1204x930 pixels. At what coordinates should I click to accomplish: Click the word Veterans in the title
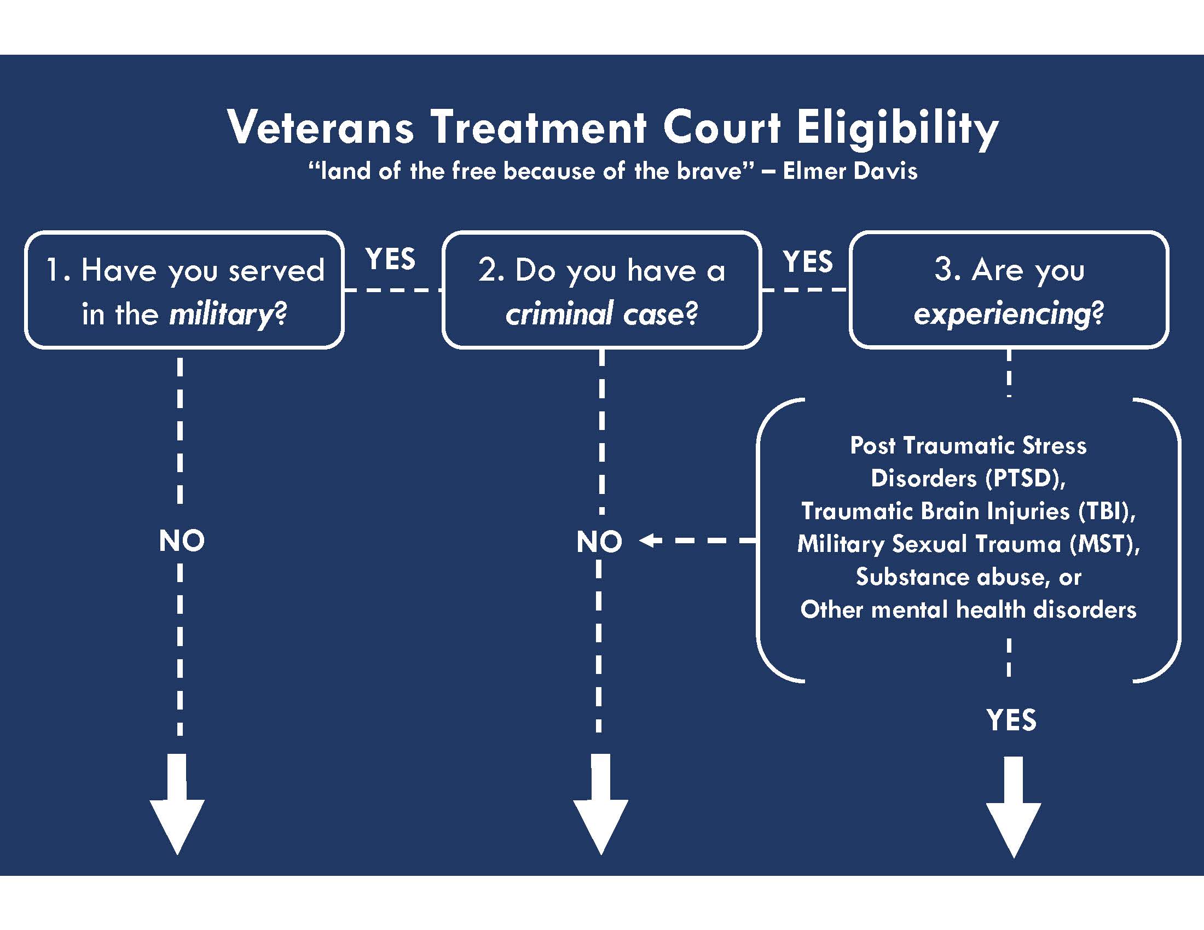tap(320, 127)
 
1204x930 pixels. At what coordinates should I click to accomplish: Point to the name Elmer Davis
tap(850, 171)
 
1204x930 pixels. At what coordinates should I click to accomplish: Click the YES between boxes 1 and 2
tap(390, 259)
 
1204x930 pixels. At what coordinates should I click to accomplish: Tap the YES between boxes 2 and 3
tap(808, 261)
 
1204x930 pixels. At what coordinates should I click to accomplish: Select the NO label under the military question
tap(181, 541)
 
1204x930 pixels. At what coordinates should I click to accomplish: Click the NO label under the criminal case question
tap(599, 542)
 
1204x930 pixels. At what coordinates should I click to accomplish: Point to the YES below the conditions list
tap(1011, 720)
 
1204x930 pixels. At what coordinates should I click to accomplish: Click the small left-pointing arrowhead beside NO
tap(651, 540)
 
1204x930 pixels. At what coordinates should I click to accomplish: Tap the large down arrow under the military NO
tap(177, 804)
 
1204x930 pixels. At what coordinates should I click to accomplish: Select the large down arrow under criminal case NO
tap(600, 804)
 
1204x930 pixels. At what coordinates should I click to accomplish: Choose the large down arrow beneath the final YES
tap(1013, 807)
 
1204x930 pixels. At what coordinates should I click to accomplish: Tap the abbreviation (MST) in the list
tap(1105, 544)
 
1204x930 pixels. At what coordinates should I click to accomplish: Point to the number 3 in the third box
tap(945, 270)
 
